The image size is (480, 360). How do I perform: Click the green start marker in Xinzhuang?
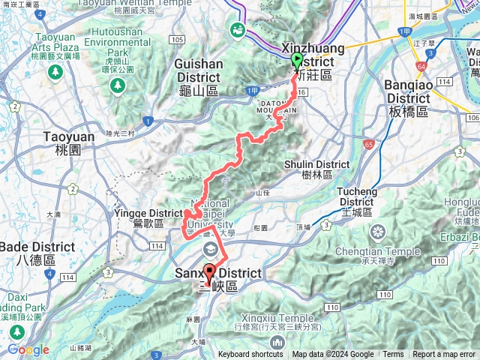[296, 62]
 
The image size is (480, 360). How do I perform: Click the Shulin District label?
[316, 165]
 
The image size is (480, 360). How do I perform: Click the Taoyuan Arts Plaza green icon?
[55, 72]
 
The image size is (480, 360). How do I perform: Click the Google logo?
[28, 349]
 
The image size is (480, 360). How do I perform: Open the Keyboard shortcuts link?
[250, 355]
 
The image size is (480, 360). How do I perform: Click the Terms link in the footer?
[393, 355]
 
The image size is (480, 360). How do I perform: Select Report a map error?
[445, 355]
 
